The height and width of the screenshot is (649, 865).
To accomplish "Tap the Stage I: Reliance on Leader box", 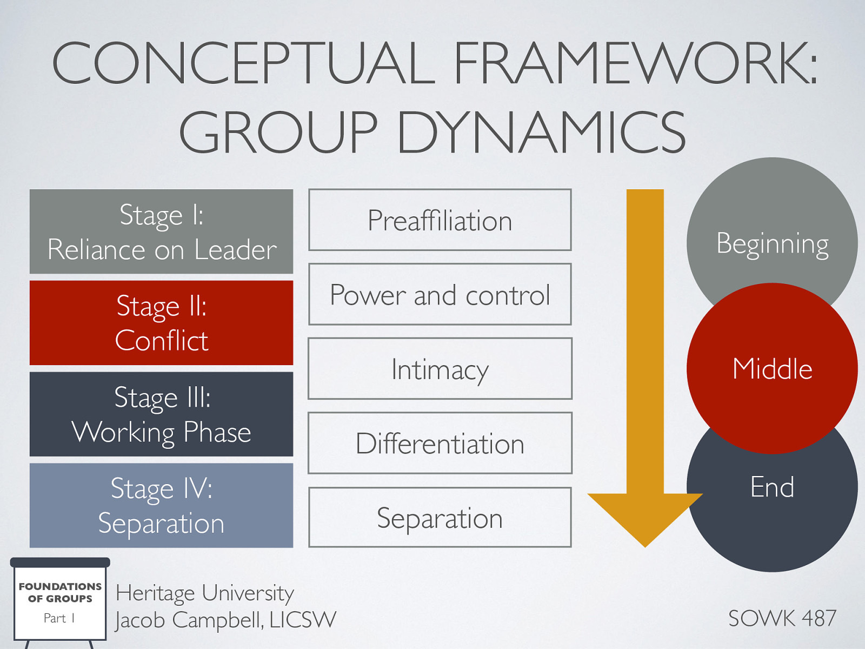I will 161,231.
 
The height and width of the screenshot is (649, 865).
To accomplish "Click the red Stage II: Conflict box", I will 161,323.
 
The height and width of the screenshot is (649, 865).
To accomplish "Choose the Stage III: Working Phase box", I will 161,414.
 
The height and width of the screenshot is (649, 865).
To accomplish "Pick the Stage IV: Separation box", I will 161,506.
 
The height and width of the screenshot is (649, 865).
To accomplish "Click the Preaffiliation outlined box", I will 440,220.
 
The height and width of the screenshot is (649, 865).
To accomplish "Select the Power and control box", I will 440,295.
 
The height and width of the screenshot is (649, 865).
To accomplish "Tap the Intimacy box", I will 440,369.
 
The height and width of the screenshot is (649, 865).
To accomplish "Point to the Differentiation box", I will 440,443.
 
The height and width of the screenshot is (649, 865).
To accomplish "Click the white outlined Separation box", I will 440,518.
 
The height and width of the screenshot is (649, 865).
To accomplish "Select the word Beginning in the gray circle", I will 772,243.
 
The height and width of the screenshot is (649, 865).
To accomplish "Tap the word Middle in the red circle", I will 772,369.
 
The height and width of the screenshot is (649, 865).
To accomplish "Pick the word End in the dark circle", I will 772,487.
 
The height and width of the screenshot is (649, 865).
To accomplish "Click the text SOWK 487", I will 782,618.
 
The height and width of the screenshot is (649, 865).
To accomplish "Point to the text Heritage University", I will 204,593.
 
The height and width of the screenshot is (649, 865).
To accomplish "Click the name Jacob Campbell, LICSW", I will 225,620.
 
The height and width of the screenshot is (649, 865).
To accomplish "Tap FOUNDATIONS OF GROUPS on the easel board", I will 60,592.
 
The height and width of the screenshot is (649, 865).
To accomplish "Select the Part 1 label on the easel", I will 59,618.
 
